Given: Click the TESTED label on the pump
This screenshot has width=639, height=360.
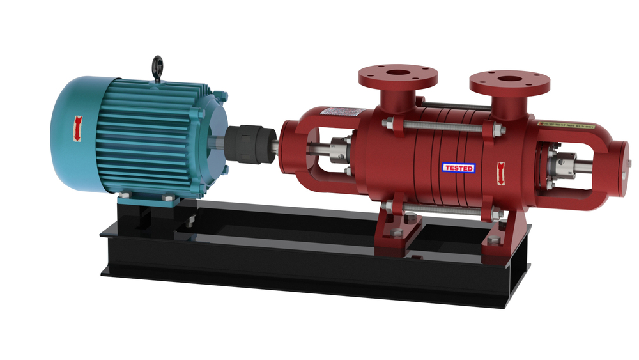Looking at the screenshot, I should click(459, 168).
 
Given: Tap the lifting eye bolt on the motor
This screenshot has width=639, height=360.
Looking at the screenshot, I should click(157, 67).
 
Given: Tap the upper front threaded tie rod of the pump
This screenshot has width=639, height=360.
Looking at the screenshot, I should click(441, 127).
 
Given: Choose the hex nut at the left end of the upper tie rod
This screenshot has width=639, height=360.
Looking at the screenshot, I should click(387, 123).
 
